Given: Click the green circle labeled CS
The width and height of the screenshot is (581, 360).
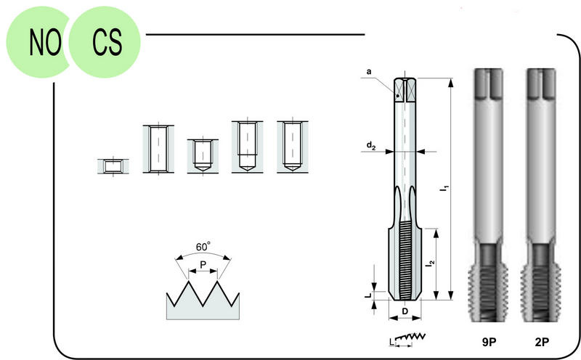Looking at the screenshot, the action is (105, 41).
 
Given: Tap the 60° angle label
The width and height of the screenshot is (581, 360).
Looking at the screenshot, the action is (203, 246).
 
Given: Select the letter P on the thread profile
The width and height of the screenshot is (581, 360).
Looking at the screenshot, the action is (203, 265).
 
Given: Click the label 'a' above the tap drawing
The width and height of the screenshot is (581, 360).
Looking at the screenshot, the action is (369, 71).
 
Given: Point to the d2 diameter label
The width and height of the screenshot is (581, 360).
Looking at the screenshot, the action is (371, 146).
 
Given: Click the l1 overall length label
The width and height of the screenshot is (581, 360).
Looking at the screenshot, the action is (444, 188).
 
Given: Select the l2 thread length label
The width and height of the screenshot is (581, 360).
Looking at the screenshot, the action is (430, 263).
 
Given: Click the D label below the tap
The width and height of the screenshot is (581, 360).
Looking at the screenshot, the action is (405, 311).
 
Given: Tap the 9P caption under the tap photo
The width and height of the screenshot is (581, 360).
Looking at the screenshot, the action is (489, 342).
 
